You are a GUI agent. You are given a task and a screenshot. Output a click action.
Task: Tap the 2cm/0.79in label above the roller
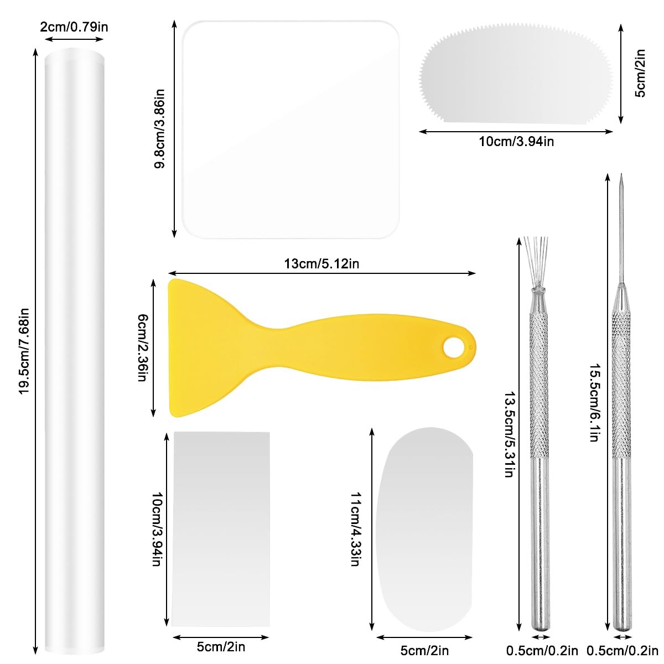click(74, 27)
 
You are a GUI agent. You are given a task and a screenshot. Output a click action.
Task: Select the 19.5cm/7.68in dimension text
click(24, 351)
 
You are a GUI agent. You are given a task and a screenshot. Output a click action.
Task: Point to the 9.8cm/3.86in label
click(159, 128)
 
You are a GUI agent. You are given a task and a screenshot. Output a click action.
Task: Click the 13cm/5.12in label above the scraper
click(321, 264)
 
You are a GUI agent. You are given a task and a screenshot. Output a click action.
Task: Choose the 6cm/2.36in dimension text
click(143, 347)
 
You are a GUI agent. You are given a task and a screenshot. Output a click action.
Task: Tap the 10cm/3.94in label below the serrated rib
click(516, 142)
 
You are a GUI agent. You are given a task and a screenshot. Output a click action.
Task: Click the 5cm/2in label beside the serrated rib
click(640, 74)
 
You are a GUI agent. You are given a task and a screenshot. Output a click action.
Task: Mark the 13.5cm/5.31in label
click(510, 434)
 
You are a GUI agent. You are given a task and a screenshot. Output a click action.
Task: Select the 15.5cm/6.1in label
click(595, 402)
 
